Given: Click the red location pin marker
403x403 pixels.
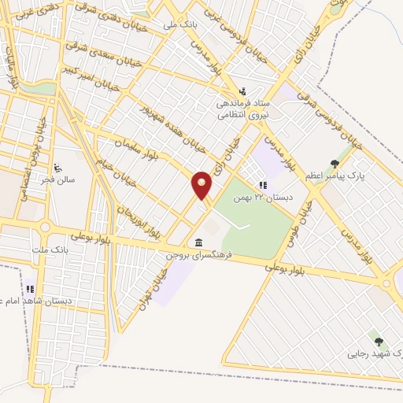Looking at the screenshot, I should [202, 186].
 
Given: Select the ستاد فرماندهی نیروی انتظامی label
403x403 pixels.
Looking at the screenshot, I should [243, 109].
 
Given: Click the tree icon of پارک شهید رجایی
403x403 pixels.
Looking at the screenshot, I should [378, 342].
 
